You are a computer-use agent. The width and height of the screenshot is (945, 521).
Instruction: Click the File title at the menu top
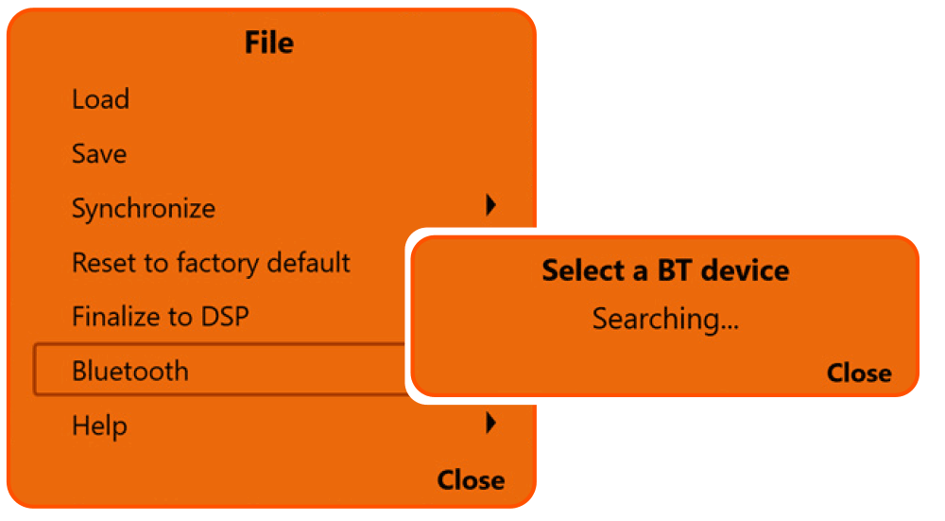(x=269, y=43)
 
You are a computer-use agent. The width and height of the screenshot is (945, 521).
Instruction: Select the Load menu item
(x=100, y=99)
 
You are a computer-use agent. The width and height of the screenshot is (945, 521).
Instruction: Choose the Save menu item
(x=99, y=153)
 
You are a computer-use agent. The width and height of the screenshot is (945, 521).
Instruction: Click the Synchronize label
(x=144, y=209)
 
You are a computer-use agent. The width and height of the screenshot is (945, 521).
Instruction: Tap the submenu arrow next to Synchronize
(x=490, y=205)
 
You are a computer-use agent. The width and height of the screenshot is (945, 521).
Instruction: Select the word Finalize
(x=112, y=316)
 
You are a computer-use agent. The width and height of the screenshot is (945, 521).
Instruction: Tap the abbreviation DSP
(x=223, y=316)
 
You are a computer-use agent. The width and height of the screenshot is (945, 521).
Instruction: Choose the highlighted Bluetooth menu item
(x=130, y=371)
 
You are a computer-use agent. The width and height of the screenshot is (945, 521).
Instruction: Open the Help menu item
(x=99, y=425)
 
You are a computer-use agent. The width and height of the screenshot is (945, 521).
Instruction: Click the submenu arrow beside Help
(x=490, y=423)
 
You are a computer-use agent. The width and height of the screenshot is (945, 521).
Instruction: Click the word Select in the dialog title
(x=581, y=270)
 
